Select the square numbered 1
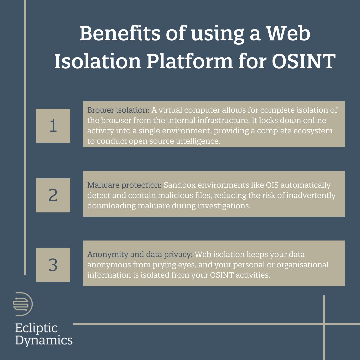tap(53, 126)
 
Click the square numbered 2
tap(53, 195)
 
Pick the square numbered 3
tap(53, 265)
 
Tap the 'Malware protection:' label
tap(124, 185)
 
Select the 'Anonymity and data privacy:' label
tap(140, 255)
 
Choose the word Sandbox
tap(177, 185)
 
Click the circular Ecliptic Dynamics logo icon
tap(23, 304)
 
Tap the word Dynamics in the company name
tap(44, 340)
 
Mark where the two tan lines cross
tap(324, 323)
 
